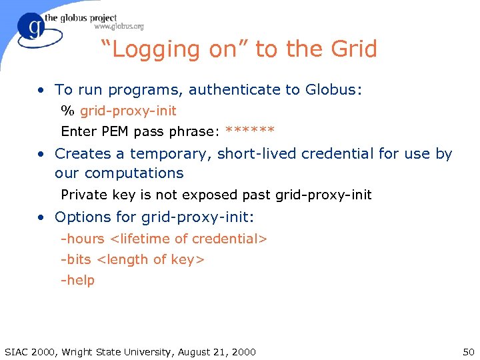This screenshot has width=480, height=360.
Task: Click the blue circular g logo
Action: [32, 28]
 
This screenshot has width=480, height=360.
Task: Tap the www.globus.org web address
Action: [119, 27]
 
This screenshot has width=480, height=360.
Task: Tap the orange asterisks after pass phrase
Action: [250, 131]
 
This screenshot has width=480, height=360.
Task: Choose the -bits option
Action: [76, 259]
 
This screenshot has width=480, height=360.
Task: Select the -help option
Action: [78, 280]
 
